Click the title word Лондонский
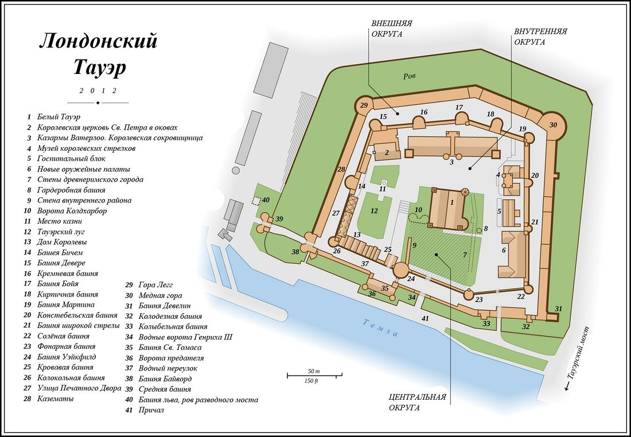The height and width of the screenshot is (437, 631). tap(98, 42)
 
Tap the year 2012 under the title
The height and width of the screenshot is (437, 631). tap(98, 91)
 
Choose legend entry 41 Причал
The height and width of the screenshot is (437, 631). tap(151, 410)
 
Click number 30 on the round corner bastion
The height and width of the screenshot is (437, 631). tap(553, 125)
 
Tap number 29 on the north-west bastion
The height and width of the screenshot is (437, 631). tap(363, 106)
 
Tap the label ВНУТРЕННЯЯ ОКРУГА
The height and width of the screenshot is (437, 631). tap(540, 37)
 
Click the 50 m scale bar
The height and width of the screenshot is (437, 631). tap(314, 375)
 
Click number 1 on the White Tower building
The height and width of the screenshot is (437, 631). tap(452, 202)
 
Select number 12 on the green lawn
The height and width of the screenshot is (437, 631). tap(374, 211)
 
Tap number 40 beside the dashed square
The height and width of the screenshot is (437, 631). tap(266, 200)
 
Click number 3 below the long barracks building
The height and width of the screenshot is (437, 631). tap(452, 162)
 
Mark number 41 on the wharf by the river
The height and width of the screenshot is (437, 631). tap(425, 318)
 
